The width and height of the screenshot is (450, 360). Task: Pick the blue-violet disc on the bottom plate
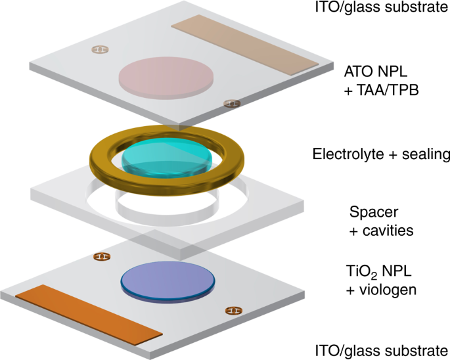click(169, 281)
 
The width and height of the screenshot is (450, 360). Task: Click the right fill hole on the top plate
click(231, 102)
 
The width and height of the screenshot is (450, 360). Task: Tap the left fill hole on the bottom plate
click(102, 257)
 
